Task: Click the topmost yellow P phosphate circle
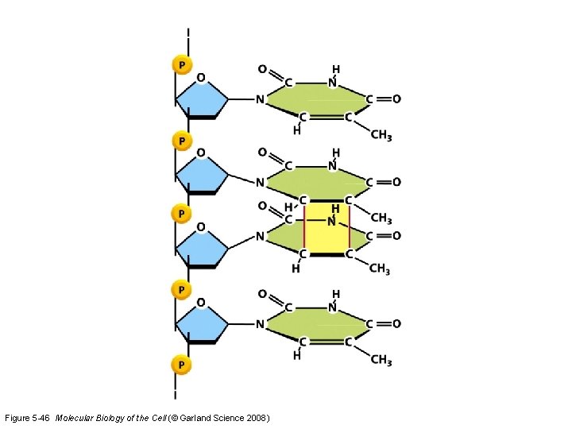[x=182, y=64]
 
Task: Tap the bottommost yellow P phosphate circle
[x=182, y=364]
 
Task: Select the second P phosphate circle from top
[x=182, y=141]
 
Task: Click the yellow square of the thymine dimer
[x=327, y=230]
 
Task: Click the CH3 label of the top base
[x=381, y=135]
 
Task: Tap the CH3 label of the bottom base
[x=381, y=360]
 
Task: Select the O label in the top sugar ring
[x=201, y=77]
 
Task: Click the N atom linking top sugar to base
[x=260, y=100]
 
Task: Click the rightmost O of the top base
[x=396, y=99]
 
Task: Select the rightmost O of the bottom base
[x=396, y=324]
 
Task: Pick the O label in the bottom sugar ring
[x=201, y=303]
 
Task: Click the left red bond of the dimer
[x=303, y=226]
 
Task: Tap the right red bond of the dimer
[x=349, y=226]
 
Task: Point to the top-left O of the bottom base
[x=263, y=295]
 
